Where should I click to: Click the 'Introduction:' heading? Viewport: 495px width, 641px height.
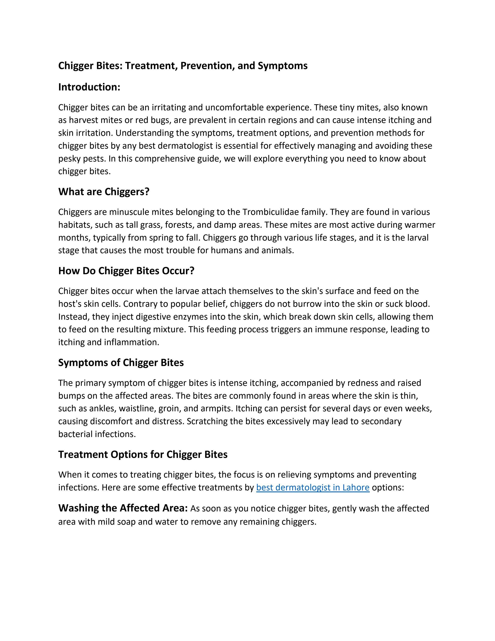(x=89, y=87)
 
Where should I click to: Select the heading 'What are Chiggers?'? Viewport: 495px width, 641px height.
(x=104, y=192)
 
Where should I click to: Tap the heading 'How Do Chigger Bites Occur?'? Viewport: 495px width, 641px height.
(x=126, y=271)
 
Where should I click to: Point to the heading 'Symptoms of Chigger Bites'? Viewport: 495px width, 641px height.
(x=121, y=363)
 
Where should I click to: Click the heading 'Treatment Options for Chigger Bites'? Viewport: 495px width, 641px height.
(x=143, y=455)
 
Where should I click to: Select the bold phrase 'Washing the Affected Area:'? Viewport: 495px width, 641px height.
(x=123, y=508)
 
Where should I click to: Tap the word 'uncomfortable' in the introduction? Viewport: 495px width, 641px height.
(x=234, y=107)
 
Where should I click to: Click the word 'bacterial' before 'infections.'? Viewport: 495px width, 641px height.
(x=75, y=434)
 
